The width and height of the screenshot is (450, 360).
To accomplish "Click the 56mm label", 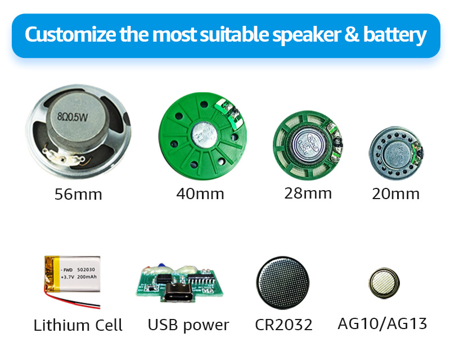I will [x=78, y=195].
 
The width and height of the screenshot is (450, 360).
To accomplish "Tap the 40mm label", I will [x=200, y=194].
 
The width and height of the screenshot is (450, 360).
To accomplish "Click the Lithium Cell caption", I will [x=78, y=325].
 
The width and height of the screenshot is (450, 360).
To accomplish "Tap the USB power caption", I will [x=188, y=325].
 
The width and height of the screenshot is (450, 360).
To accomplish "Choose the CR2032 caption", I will [x=283, y=325].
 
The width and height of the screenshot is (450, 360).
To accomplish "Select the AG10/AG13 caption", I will [x=382, y=323].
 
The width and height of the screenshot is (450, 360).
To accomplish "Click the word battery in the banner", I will [x=395, y=35].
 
